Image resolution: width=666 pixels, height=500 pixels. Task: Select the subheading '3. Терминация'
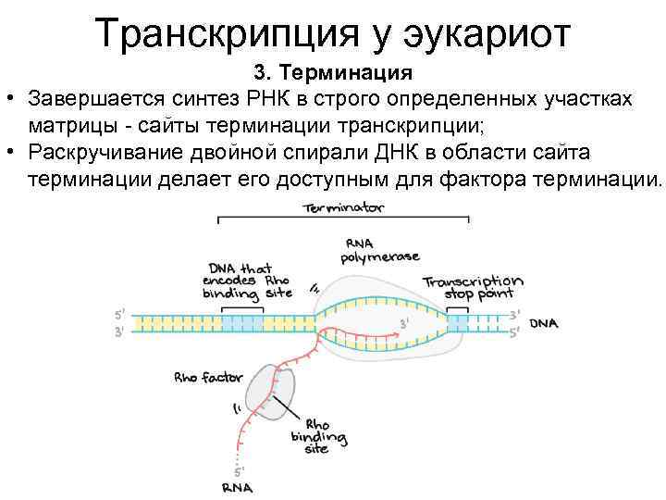coord(333,71)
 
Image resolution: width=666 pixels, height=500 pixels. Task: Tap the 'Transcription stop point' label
coord(473,288)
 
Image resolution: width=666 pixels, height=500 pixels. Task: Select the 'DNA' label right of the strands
coord(544,323)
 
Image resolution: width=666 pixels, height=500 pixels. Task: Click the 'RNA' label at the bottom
coord(238,487)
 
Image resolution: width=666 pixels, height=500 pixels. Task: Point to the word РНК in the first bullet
coord(269,98)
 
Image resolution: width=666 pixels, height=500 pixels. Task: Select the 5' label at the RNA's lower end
coord(239,470)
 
